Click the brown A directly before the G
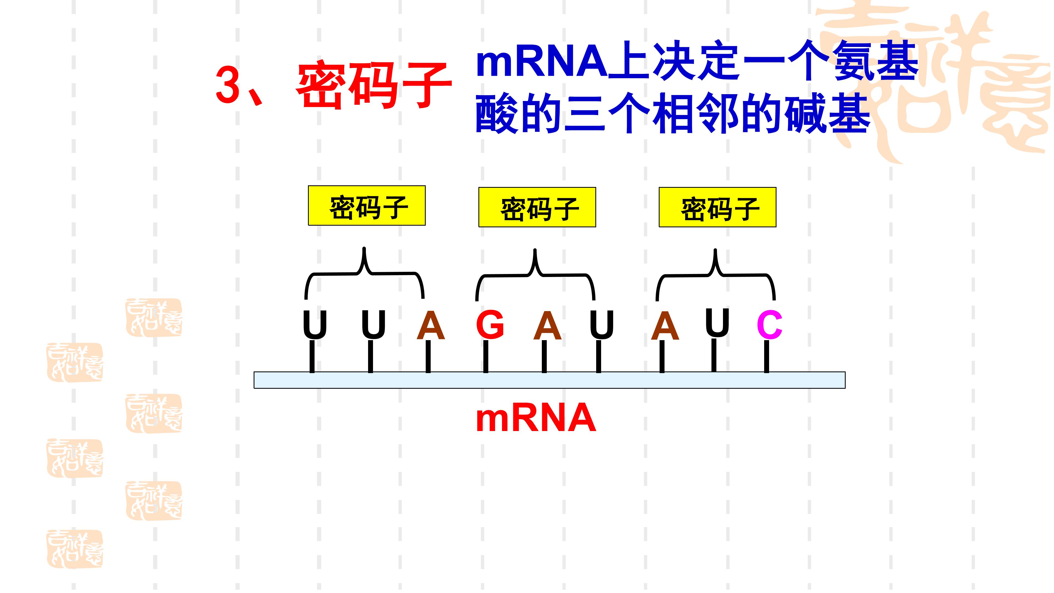point(430,325)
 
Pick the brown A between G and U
point(547,325)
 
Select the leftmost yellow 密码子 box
point(367,205)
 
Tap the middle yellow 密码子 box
point(537,207)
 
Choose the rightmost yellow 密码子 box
point(717,207)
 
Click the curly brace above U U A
point(364,272)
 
